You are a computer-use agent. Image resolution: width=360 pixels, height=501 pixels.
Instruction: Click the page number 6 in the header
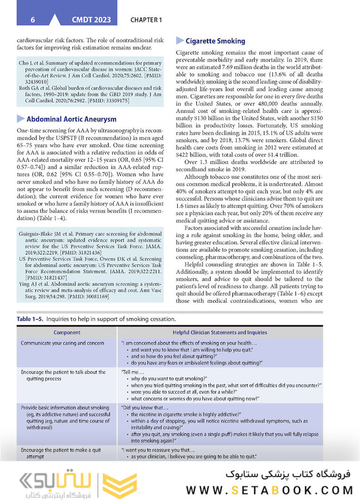pos(32,20)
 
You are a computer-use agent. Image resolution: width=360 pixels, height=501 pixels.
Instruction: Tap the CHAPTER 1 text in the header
pos(146,20)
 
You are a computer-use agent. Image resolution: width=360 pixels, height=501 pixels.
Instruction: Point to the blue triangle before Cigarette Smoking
pos(180,41)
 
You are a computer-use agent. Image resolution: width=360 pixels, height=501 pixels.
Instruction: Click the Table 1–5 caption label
pos(29,319)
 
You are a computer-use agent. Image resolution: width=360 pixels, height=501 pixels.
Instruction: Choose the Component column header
pos(67,332)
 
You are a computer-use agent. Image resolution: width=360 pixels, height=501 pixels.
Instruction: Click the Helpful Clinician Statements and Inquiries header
pos(219,332)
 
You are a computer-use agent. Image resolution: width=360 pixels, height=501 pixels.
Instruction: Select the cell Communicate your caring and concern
pos(63,343)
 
